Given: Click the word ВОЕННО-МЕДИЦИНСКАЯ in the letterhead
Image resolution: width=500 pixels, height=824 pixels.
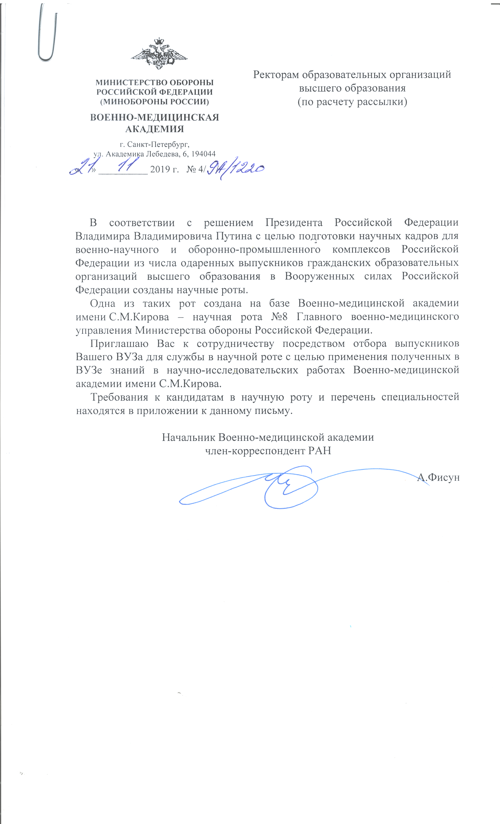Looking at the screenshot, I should [x=155, y=118].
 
